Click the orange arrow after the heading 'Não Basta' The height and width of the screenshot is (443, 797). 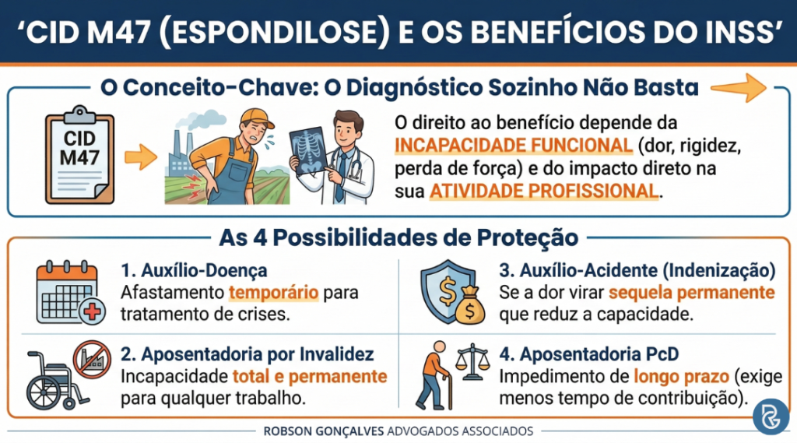click(747, 86)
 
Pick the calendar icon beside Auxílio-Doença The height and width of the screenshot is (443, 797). click(68, 294)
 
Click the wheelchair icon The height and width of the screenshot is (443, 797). click(50, 378)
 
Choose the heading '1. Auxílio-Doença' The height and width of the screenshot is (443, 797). click(194, 272)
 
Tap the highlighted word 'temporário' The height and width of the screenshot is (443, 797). click(263, 294)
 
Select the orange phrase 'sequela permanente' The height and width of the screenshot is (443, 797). click(692, 294)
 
